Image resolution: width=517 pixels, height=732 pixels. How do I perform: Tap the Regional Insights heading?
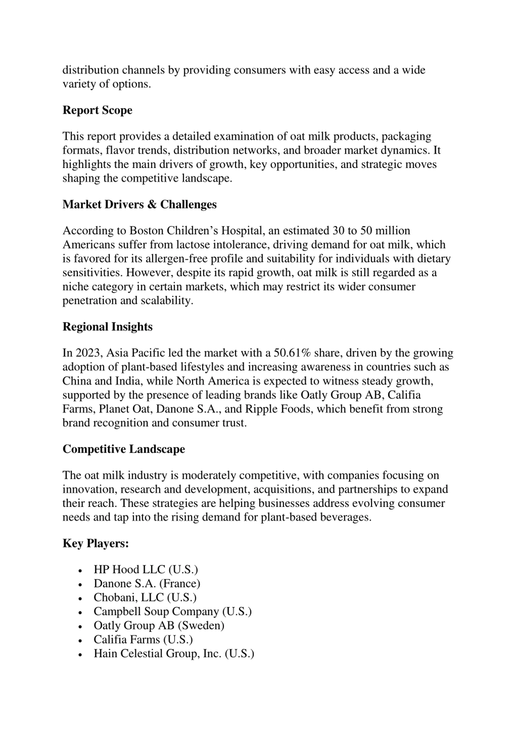pyautogui.click(x=107, y=327)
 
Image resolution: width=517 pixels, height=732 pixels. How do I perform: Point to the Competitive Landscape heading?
pyautogui.click(x=124, y=449)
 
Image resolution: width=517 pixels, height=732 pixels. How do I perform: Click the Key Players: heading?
pyautogui.click(x=96, y=543)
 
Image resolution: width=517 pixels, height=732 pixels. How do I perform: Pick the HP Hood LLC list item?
pyautogui.click(x=146, y=569)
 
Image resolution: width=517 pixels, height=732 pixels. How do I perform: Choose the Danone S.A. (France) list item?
pyautogui.click(x=147, y=583)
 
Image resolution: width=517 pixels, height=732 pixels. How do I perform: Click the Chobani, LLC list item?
pyautogui.click(x=145, y=597)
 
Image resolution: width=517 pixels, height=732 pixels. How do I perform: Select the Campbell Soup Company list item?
pyautogui.click(x=172, y=612)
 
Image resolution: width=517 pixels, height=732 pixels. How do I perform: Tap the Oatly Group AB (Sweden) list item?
pyautogui.click(x=159, y=625)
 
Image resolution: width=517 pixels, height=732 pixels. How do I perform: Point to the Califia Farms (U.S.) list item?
pyautogui.click(x=143, y=640)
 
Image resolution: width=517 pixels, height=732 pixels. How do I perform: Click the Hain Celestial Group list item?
pyautogui.click(x=174, y=654)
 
